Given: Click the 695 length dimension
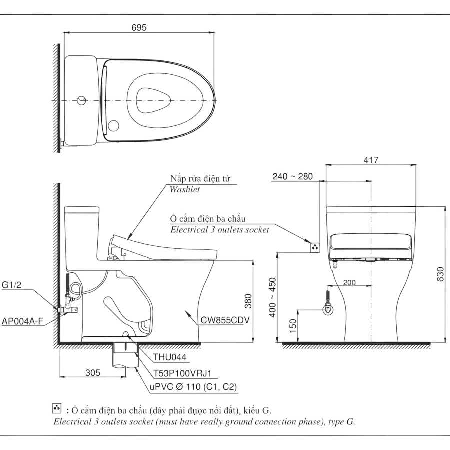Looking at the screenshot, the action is (x=139, y=28).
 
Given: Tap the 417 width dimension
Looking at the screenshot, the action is (x=371, y=160).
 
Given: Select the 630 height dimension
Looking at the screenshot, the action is (x=440, y=274).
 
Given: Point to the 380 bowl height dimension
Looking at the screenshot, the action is (x=248, y=301).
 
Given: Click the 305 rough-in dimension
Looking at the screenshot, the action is (x=93, y=373).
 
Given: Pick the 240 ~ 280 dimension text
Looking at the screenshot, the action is (x=292, y=176).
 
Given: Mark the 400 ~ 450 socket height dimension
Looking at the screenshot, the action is (x=272, y=297).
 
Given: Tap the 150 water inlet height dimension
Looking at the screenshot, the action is (x=293, y=326).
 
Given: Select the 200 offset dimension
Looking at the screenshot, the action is (x=349, y=283).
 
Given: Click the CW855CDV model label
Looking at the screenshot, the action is (x=225, y=320).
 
